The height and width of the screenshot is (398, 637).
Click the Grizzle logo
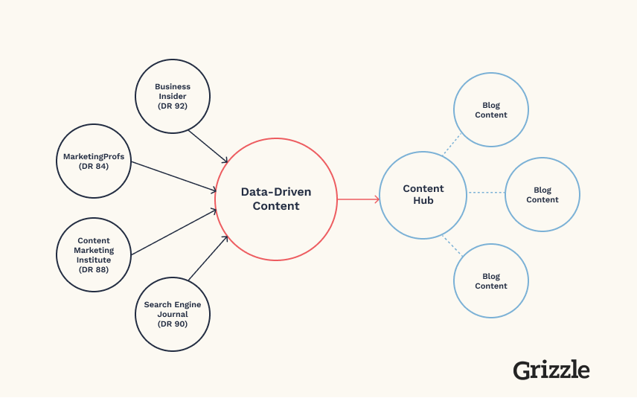[x=551, y=370]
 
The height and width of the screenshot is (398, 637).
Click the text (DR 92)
[x=173, y=106]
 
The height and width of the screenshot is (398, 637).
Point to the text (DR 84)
[x=94, y=166]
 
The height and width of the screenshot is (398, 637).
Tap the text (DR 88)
[x=94, y=269]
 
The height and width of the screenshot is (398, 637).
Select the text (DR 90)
[x=173, y=324]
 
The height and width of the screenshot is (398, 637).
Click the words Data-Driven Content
[x=276, y=199]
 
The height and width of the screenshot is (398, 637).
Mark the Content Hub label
[x=423, y=194]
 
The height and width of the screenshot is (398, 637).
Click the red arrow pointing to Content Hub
[x=359, y=199]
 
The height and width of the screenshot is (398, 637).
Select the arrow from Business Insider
[x=208, y=147]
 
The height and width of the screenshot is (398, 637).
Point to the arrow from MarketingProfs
[x=174, y=176]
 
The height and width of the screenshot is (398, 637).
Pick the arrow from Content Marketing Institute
[x=174, y=232]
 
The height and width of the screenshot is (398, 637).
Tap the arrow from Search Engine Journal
[x=208, y=258]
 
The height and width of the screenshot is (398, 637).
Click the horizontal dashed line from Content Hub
[x=486, y=193]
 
